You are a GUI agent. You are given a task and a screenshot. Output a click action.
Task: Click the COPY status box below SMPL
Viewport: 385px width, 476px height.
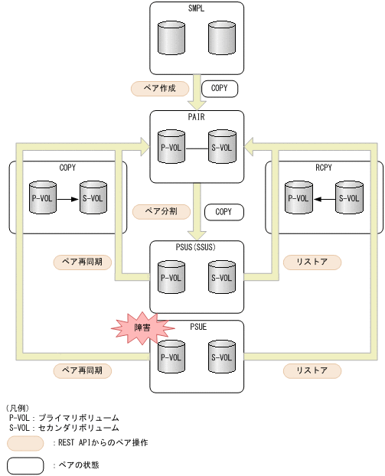click(x=220, y=88)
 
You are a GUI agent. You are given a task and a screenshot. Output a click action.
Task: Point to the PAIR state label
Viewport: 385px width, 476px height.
click(x=197, y=118)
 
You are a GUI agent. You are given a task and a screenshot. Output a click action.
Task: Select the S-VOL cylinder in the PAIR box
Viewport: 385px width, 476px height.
click(x=222, y=146)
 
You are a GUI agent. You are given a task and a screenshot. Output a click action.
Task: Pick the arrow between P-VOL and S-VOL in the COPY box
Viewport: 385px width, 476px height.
click(x=67, y=198)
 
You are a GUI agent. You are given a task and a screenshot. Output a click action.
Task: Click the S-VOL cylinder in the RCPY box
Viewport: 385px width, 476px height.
click(x=348, y=197)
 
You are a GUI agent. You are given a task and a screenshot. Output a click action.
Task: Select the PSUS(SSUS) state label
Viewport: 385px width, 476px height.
click(x=197, y=248)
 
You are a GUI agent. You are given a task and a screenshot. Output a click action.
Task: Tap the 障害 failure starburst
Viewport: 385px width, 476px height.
click(x=142, y=328)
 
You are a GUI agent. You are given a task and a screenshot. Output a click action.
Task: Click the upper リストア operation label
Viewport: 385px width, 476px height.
click(x=312, y=262)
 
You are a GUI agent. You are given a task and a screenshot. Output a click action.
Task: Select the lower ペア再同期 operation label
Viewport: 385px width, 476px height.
click(x=83, y=370)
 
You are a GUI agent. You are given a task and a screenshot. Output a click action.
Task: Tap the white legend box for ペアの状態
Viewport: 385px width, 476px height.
click(x=24, y=465)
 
